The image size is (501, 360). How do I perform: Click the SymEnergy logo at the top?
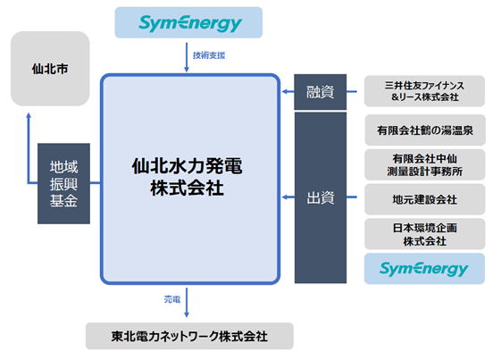point(189,22)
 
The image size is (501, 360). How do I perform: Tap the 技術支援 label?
point(208,55)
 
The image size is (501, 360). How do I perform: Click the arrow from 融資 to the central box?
point(285,92)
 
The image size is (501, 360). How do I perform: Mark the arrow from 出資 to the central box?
point(285,197)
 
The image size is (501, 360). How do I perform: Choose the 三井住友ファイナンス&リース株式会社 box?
point(424,91)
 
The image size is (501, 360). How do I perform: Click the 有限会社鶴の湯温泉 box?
point(424,130)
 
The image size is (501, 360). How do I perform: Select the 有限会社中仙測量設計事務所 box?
point(424,164)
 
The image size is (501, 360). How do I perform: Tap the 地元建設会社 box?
point(424,199)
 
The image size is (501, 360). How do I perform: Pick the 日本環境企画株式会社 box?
point(424,233)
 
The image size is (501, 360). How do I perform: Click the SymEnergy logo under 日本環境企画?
point(424,268)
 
